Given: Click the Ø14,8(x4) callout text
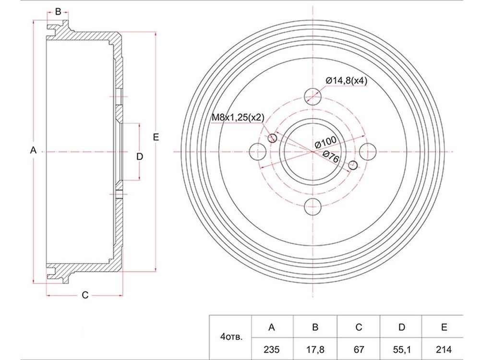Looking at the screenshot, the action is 346,81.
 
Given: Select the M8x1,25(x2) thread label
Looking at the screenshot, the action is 238,117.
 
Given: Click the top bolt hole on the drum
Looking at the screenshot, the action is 313,96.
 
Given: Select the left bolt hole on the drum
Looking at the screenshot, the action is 258,152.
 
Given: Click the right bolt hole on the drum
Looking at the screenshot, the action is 368,152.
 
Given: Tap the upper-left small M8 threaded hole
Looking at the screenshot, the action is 272,138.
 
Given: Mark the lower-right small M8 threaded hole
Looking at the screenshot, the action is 353,165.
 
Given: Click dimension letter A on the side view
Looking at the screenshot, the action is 34,150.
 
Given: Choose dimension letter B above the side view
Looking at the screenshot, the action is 58,12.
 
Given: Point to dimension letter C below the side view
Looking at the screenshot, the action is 85,295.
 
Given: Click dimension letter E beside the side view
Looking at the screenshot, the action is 156,137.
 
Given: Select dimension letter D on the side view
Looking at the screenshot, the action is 140,157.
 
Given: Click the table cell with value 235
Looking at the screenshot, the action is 272,349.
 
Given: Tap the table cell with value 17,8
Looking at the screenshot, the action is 315,349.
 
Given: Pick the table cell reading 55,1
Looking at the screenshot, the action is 401,349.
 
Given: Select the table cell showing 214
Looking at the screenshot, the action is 444,349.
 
